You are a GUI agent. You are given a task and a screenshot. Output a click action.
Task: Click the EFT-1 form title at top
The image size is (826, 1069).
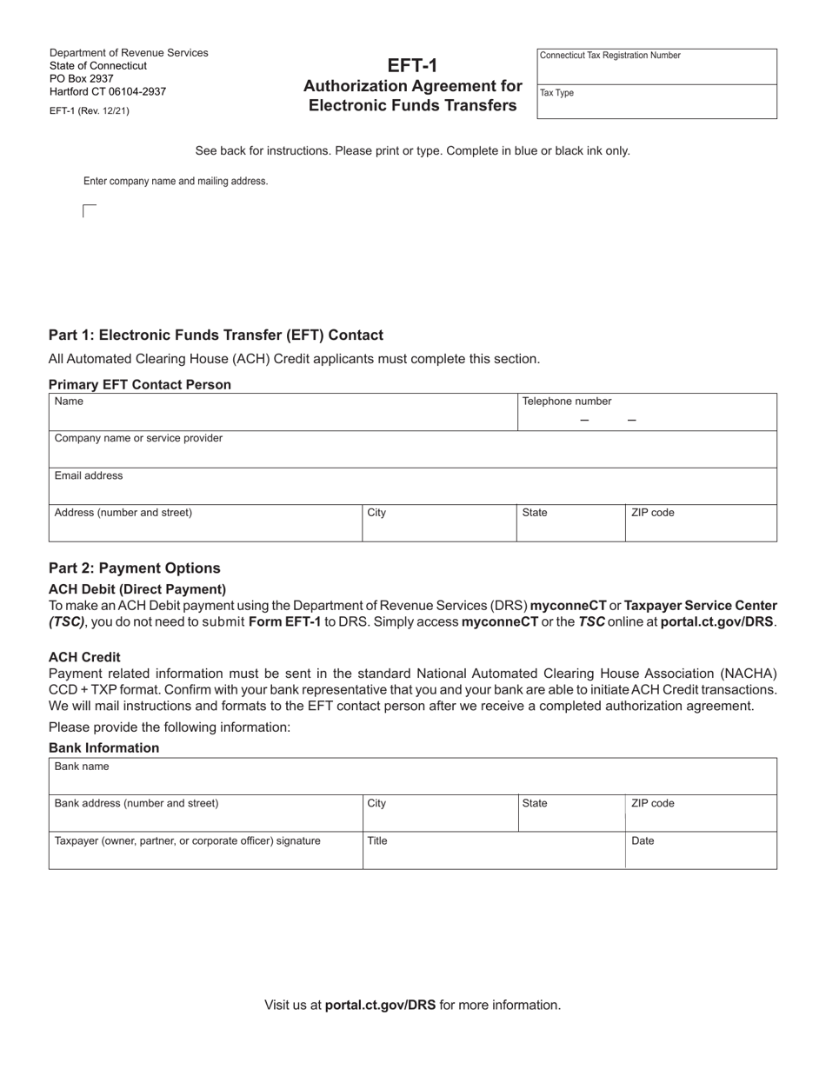coord(412,65)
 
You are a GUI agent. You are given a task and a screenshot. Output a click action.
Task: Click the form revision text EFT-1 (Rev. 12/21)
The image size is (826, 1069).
coord(90,110)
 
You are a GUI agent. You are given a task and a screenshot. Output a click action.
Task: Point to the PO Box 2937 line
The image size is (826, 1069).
coord(82,78)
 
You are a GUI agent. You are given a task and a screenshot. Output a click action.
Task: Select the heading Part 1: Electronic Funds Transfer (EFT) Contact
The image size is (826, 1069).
coord(216,335)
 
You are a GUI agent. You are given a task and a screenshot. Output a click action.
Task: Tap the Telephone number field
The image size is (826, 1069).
coord(647,413)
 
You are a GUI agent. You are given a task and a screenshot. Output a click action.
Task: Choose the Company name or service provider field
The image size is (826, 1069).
coord(412,449)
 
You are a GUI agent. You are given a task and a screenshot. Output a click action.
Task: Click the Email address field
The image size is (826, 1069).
coord(412,487)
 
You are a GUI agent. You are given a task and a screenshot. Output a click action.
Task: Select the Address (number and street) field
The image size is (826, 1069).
coord(205,524)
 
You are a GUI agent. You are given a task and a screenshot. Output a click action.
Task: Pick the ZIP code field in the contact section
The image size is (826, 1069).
coord(700,524)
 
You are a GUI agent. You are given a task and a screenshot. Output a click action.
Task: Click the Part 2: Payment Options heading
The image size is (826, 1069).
coord(135,568)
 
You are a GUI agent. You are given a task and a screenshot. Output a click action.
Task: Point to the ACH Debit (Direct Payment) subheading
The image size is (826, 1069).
coord(137,589)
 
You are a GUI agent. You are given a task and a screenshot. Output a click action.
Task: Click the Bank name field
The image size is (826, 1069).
coord(412,776)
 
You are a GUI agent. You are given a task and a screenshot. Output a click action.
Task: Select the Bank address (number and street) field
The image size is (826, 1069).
coord(205,813)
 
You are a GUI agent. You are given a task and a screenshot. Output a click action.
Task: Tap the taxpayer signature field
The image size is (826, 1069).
coord(205,852)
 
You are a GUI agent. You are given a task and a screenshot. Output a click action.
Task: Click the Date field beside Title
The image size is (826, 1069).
coord(700,852)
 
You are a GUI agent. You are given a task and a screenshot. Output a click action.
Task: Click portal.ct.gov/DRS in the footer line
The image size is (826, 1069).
coord(380,1006)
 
